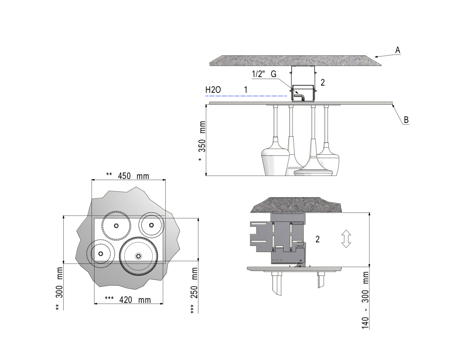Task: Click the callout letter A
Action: pos(397,50)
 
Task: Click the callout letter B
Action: pos(406,120)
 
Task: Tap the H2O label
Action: pos(213,90)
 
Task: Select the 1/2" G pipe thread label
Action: pos(264,74)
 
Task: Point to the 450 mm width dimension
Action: pos(128,176)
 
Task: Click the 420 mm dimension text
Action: pos(128,300)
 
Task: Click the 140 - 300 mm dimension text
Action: pos(365,300)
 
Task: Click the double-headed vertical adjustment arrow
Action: pos(346,239)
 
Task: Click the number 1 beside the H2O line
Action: pos(245,90)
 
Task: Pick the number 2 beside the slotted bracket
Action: pos(317,239)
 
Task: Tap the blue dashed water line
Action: pos(246,96)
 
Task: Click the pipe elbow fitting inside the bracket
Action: pos(302,97)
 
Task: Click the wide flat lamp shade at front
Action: pos(314,169)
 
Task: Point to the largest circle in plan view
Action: pos(138,256)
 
